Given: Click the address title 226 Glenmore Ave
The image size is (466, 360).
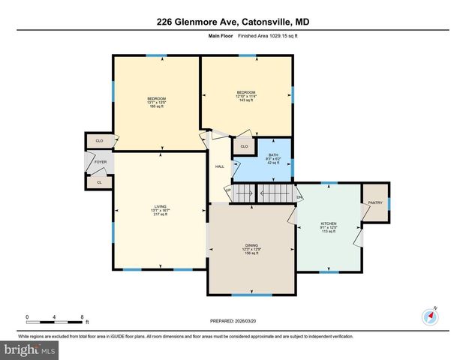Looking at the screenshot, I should coord(233,22).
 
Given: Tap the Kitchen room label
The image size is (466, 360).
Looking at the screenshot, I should coord(329,227).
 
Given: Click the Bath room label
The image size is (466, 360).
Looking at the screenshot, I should coord(273,158).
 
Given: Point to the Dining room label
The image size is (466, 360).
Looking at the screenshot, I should coord(251,248).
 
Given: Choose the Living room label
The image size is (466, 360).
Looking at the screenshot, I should coord(161,210).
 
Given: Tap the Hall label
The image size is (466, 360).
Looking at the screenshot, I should coord(219,166).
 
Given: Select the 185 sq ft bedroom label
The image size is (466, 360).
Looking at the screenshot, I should coord(156,103).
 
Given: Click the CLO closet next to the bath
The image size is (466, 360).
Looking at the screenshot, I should coord(244,146).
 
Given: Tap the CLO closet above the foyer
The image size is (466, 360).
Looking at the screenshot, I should coord(99,140).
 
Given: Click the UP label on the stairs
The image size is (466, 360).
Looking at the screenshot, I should coord(229,190).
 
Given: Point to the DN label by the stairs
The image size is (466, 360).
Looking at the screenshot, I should coord(299,197).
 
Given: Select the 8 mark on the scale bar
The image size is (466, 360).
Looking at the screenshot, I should coord(81,317).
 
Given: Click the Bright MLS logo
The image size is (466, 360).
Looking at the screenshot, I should coord(29,349).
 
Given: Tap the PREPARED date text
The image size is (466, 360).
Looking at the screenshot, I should coord(233,321).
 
